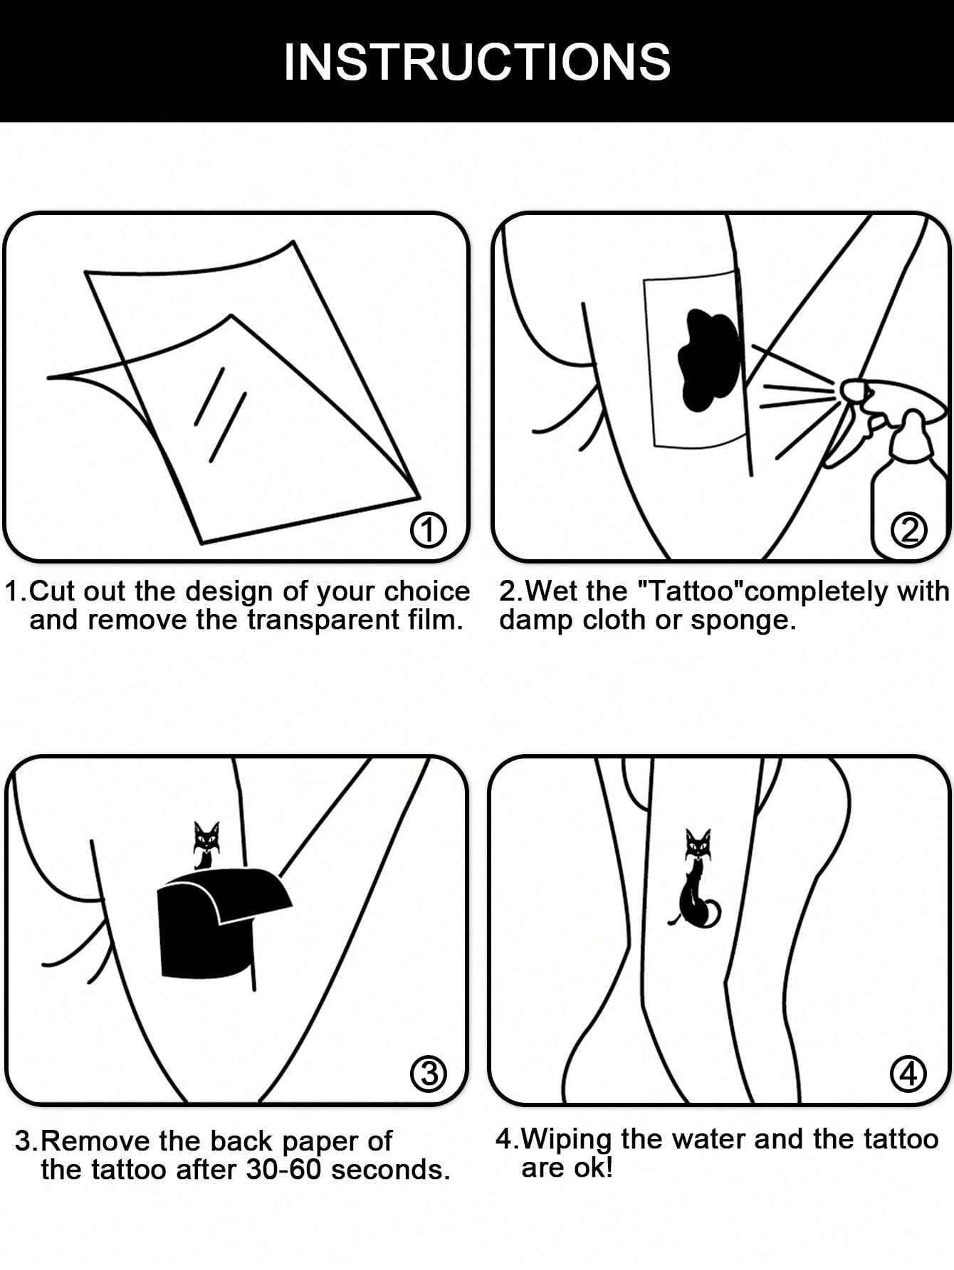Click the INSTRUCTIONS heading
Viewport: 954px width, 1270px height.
(477, 62)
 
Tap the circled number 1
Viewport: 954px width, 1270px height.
(429, 530)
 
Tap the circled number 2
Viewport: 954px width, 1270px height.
(909, 530)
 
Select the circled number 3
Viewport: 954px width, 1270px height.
(429, 1073)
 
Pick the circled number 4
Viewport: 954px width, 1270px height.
(908, 1073)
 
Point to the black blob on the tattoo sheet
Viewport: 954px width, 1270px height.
(709, 360)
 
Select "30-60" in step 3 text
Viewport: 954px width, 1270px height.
(284, 1169)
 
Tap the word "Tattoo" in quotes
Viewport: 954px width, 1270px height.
(686, 591)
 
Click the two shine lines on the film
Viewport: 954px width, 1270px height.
(220, 415)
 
